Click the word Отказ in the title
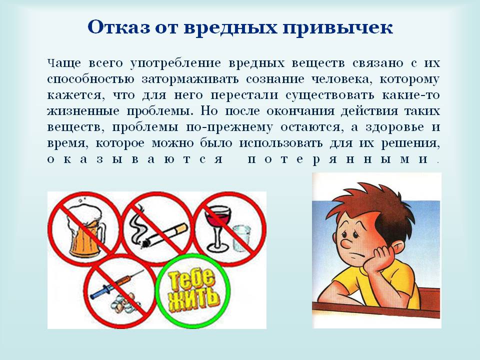click(x=119, y=27)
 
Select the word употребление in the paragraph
click(x=175, y=63)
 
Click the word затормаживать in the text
click(x=190, y=79)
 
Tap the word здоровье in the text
click(x=395, y=127)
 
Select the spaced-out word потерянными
click(x=337, y=159)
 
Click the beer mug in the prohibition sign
click(x=85, y=231)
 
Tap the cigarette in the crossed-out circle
click(x=164, y=235)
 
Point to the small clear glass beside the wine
click(x=241, y=239)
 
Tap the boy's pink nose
click(x=346, y=243)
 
